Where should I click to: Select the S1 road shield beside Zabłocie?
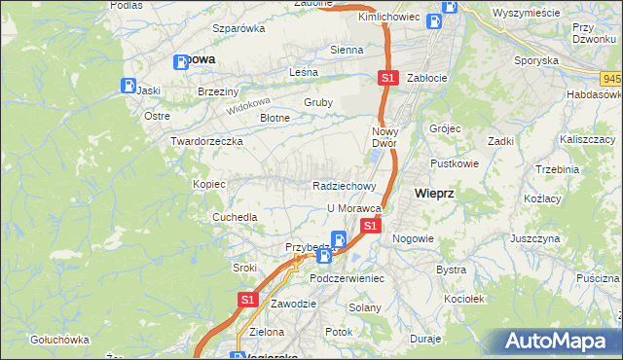click(x=387, y=78)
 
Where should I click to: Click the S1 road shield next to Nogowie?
click(x=370, y=226)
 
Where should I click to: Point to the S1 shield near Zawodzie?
click(x=247, y=301)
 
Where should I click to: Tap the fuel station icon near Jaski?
click(x=128, y=84)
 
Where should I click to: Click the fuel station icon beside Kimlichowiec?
click(x=449, y=7)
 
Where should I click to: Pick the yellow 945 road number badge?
click(x=612, y=79)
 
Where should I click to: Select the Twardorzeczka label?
click(x=206, y=141)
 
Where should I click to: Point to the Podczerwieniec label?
click(x=348, y=278)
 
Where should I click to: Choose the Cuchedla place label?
click(x=236, y=217)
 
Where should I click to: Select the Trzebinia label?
click(x=557, y=169)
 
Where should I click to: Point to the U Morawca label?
click(x=352, y=208)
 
